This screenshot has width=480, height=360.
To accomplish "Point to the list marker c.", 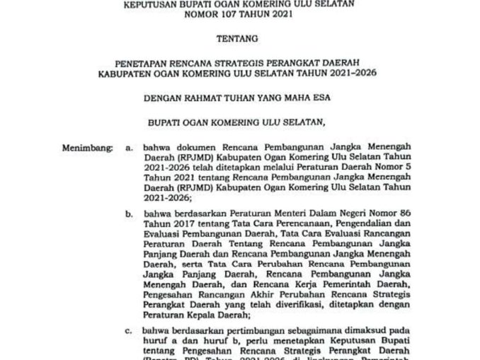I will [x=128, y=330].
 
